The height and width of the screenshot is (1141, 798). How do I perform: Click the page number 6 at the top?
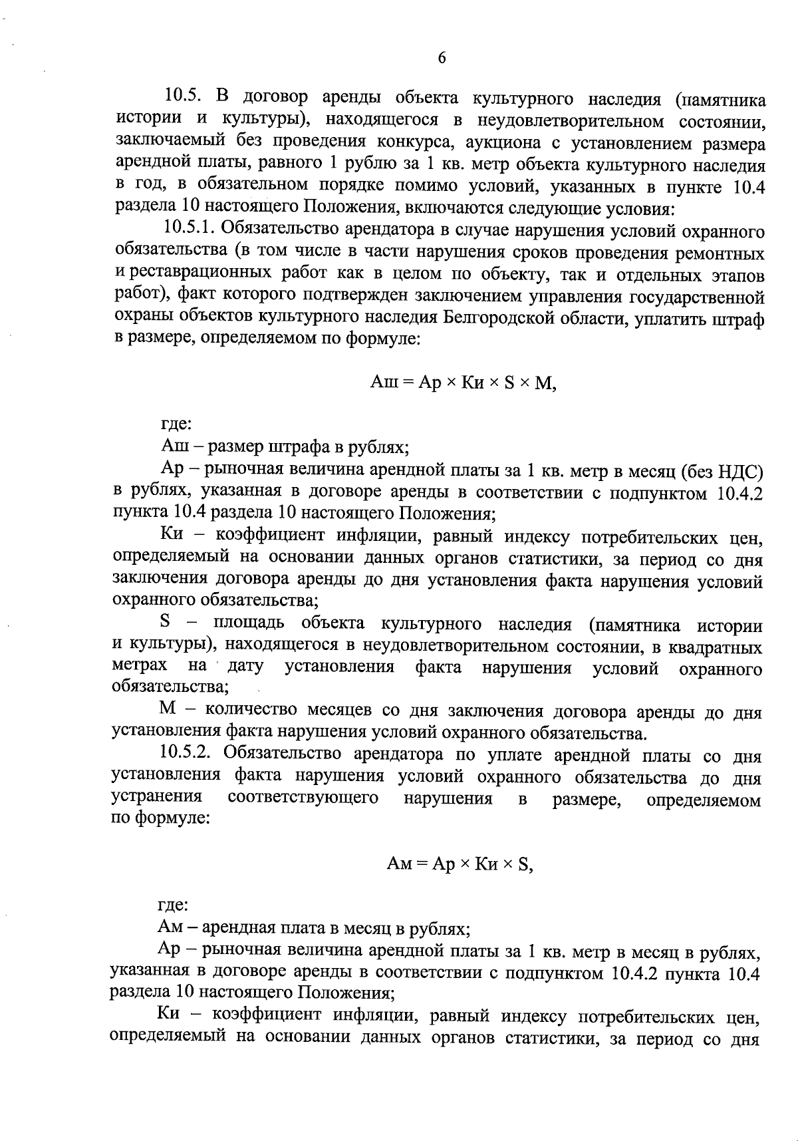coord(442,58)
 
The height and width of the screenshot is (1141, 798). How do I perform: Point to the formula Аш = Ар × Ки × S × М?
coord(463,383)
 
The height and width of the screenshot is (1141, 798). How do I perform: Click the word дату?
coord(245,667)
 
